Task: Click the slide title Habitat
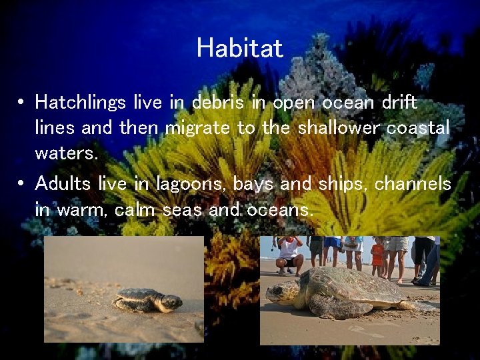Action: (x=240, y=48)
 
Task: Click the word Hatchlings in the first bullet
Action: (x=81, y=103)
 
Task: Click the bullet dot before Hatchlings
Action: (x=22, y=103)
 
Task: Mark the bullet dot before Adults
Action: (x=22, y=183)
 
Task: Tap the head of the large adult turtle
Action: (x=283, y=293)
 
